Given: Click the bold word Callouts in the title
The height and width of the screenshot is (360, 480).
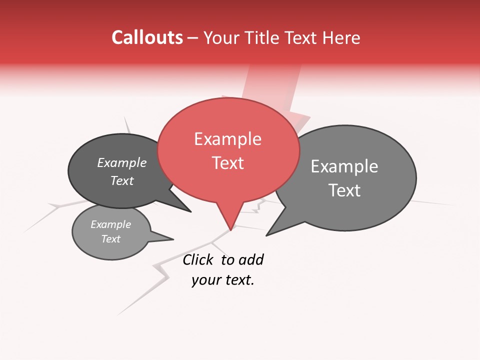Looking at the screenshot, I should tap(147, 38).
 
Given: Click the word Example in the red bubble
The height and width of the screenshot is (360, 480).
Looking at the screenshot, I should tap(228, 139).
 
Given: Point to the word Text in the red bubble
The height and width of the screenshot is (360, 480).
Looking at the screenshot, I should tap(228, 163).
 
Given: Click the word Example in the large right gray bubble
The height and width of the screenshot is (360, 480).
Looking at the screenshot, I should tap(344, 166).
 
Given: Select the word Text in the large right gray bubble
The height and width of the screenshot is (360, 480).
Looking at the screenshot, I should tap(344, 190).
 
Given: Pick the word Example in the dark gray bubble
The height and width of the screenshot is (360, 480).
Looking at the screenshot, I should tap(122, 163).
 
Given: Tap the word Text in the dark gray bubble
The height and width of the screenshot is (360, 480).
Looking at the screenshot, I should tap(122, 180).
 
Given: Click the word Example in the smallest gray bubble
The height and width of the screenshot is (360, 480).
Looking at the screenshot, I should tap(110, 225).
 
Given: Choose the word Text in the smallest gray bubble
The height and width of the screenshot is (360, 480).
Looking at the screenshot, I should tap(110, 239).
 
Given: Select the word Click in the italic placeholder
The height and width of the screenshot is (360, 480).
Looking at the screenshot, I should tap(199, 259).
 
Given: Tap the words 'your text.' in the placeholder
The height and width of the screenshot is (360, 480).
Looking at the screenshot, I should tap(223, 280).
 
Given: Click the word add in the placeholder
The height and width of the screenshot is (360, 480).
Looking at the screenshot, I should tap(250, 259).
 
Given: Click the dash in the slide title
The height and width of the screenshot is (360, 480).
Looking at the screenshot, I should tap(193, 38).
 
